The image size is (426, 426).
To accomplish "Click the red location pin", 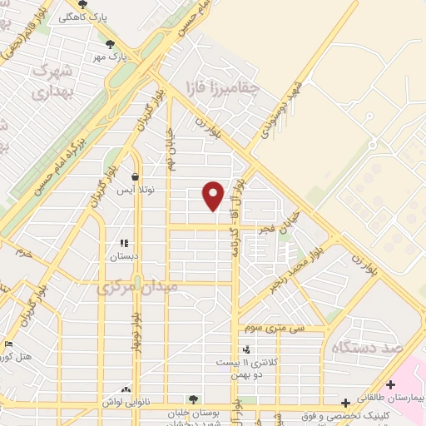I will coord(214,195).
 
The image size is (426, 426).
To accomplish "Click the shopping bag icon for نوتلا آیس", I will coord(135,176).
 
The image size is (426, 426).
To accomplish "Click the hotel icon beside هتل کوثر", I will coord(8,344).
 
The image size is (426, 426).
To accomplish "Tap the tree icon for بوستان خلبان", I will coord(194,400).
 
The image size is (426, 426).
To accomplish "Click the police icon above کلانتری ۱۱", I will coord(245,349).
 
